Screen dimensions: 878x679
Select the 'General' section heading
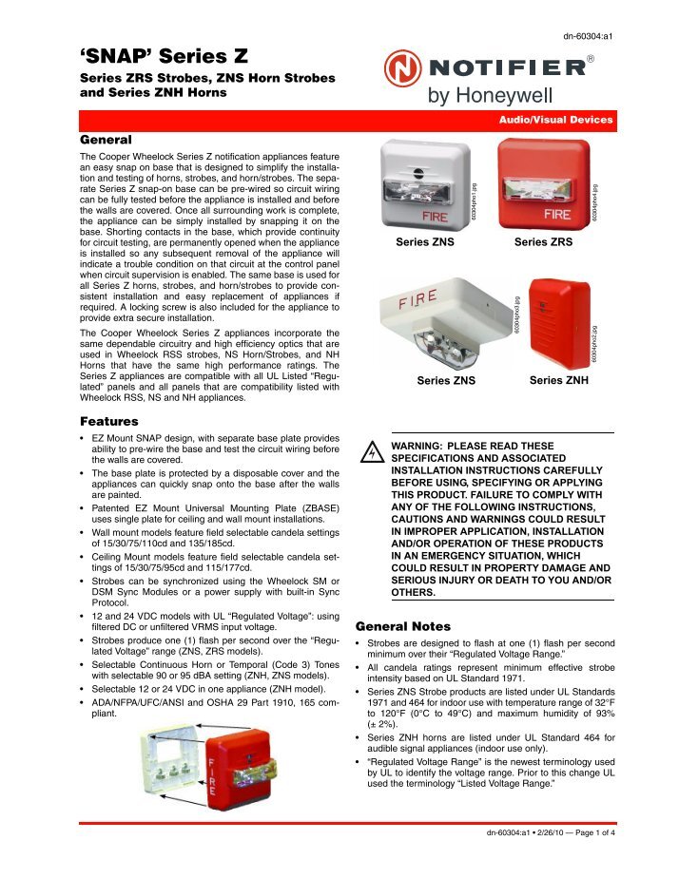click(x=107, y=138)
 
